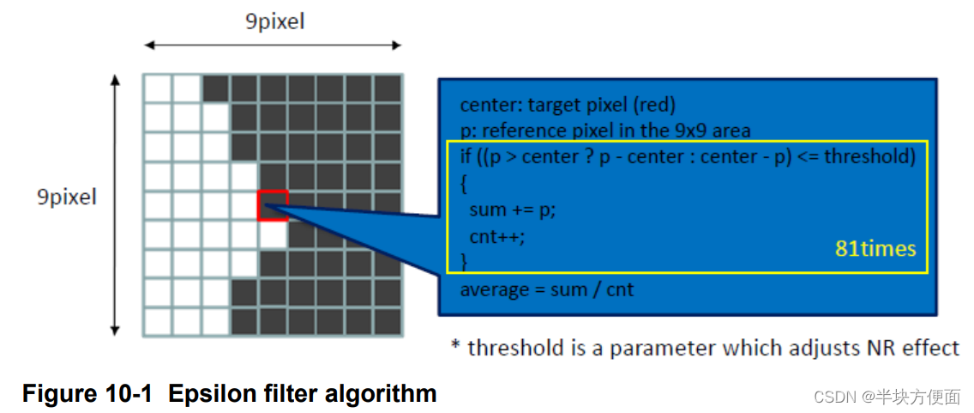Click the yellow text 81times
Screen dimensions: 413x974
(875, 249)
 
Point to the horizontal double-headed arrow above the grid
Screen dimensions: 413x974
(272, 46)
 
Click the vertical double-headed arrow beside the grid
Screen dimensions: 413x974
(115, 204)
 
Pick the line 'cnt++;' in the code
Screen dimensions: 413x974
(496, 236)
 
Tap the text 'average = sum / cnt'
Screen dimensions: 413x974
(547, 289)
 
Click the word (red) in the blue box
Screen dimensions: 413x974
(652, 106)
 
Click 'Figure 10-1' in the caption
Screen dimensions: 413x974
(87, 394)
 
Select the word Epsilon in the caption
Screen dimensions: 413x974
(207, 394)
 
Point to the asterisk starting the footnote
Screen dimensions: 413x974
(456, 346)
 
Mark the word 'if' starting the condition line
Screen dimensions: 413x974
(466, 158)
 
